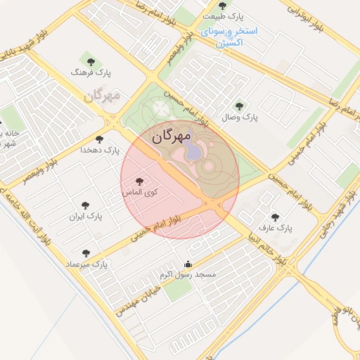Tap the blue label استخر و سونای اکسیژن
(230, 37)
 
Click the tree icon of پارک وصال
(240, 106)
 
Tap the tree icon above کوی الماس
(146, 181)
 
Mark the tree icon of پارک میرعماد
(86, 252)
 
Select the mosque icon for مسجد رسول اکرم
(188, 264)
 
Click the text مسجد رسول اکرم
(188, 274)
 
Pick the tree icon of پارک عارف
(274, 217)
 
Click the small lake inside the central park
(192, 152)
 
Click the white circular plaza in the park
(161, 109)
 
